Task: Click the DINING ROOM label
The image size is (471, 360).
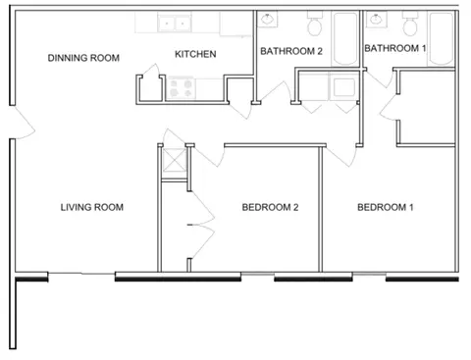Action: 83,58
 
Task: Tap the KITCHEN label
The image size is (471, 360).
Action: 195,54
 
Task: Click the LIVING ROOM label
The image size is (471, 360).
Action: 91,207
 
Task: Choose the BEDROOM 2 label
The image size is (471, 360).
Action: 270,207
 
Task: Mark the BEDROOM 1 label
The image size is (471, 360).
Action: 386,207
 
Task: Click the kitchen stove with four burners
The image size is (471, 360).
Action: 182,88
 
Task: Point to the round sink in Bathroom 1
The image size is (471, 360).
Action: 374,18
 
